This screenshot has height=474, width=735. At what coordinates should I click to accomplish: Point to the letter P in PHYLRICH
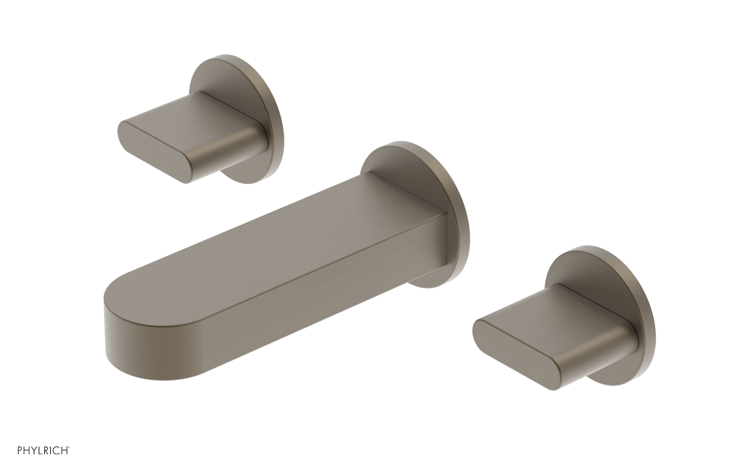click(20, 463)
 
